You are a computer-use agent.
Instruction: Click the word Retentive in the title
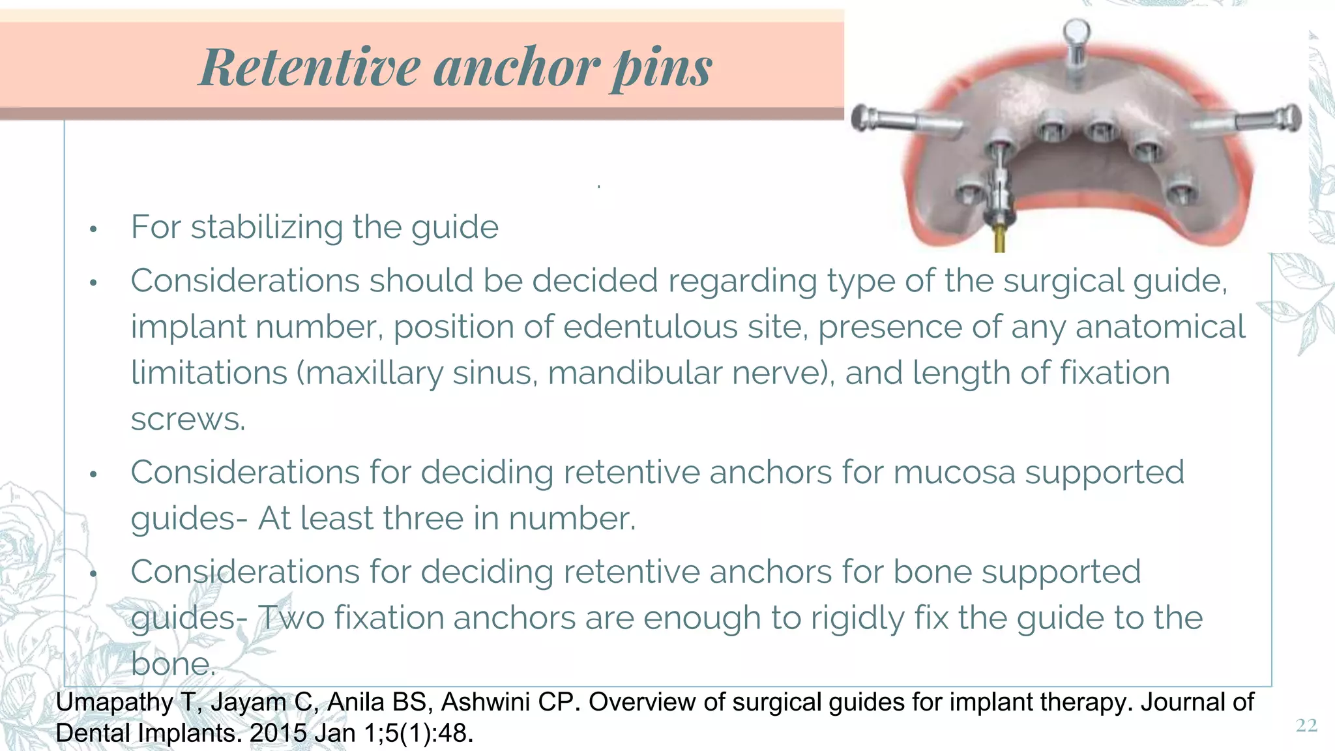(x=310, y=67)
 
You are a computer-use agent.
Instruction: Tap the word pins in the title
(x=662, y=68)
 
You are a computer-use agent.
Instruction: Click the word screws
(x=188, y=419)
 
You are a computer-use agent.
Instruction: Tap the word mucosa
(x=954, y=472)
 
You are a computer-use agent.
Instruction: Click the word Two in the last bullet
(x=291, y=618)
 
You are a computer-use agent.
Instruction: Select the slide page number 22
(x=1306, y=726)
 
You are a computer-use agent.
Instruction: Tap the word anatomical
(x=1160, y=327)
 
